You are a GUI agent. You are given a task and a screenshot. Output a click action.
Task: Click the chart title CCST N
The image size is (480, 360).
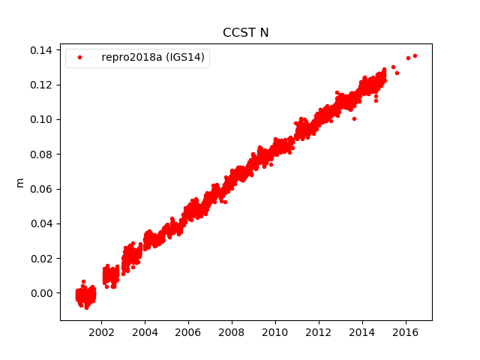tap(245, 32)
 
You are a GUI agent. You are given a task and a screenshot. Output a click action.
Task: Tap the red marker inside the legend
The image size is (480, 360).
tap(82, 58)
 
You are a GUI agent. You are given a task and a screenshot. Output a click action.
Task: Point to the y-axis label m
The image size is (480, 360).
tap(20, 182)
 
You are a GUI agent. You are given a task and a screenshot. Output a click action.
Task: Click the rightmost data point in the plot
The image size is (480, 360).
tap(415, 55)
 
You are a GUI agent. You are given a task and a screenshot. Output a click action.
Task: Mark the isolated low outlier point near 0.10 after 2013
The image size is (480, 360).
tap(354, 118)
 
